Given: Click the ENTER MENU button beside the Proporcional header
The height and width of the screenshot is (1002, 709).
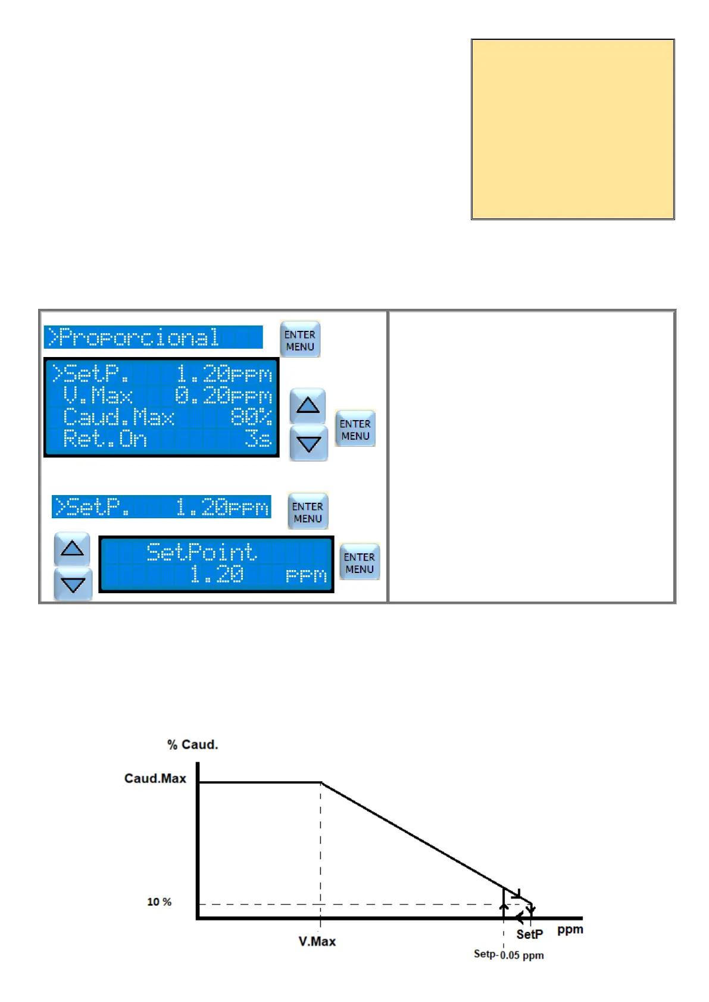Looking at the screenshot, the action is coord(300,340).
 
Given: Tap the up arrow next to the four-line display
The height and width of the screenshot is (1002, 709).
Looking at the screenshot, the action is coord(308,406).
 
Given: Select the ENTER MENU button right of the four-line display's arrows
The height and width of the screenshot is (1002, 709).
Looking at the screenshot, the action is coord(355,429).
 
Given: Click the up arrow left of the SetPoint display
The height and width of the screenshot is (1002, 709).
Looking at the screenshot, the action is coord(72,549).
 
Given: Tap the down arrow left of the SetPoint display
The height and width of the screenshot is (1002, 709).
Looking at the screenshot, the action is coord(73,584).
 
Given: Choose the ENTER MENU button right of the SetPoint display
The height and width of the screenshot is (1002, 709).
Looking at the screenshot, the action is coord(360,562).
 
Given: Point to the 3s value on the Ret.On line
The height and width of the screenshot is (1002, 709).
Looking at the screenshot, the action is coord(258,439).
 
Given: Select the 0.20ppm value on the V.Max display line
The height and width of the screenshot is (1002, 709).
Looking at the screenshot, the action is coord(223,396).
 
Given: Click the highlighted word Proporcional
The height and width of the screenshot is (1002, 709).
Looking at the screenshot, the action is coord(139,337).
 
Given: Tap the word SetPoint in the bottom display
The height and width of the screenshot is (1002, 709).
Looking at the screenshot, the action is coord(202,552).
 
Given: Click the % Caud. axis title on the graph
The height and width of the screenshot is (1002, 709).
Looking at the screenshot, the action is coord(192,744).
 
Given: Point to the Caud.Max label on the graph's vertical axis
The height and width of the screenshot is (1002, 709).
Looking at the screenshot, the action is coord(155,778).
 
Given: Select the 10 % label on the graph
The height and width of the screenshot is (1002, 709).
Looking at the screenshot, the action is coord(159,902).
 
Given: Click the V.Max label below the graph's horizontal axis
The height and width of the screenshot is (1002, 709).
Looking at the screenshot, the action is coord(317,941).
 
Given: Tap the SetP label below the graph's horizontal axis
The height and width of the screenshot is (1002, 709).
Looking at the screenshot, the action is coord(529,934).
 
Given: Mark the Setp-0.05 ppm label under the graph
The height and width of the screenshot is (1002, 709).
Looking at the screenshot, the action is coord(508,954).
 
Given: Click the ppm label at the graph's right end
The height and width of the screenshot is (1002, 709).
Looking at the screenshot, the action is coord(570,929).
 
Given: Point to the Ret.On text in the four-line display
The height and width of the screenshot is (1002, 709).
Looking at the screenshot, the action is coord(105,439).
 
